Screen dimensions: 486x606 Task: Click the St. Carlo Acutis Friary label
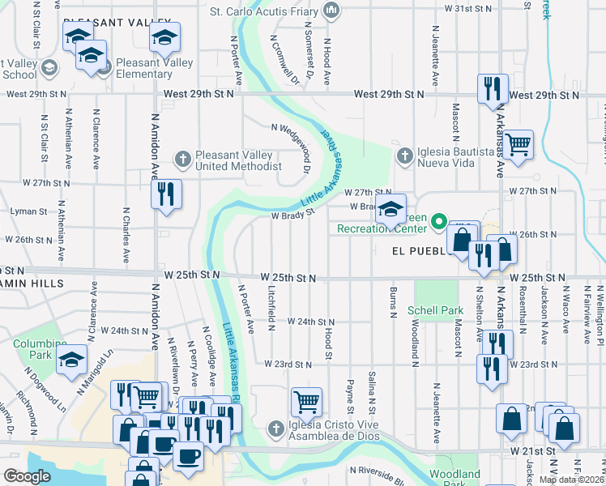pos(265,11)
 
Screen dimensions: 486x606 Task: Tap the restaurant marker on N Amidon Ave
pos(166,194)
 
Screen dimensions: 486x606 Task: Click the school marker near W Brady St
pos(390,209)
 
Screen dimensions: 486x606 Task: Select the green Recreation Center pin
pos(439,220)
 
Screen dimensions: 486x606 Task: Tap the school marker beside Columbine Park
pos(72,359)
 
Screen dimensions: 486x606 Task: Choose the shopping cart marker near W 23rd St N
pos(306,401)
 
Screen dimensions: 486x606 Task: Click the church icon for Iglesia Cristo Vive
pos(275,427)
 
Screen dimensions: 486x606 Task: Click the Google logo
pos(27,476)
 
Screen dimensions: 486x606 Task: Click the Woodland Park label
pos(454,478)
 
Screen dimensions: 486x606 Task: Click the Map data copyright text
pos(571,480)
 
